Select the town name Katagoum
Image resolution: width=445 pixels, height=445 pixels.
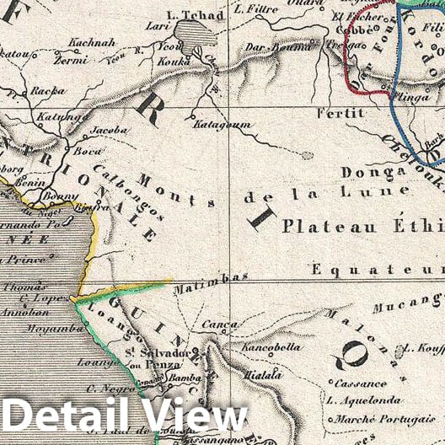tap(223, 124)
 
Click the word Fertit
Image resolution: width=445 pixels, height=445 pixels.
tap(340, 112)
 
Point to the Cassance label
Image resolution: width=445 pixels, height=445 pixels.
tap(348, 383)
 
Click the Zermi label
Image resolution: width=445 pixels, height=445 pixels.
tap(70, 61)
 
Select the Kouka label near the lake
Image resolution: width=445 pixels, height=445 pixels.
tap(174, 62)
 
